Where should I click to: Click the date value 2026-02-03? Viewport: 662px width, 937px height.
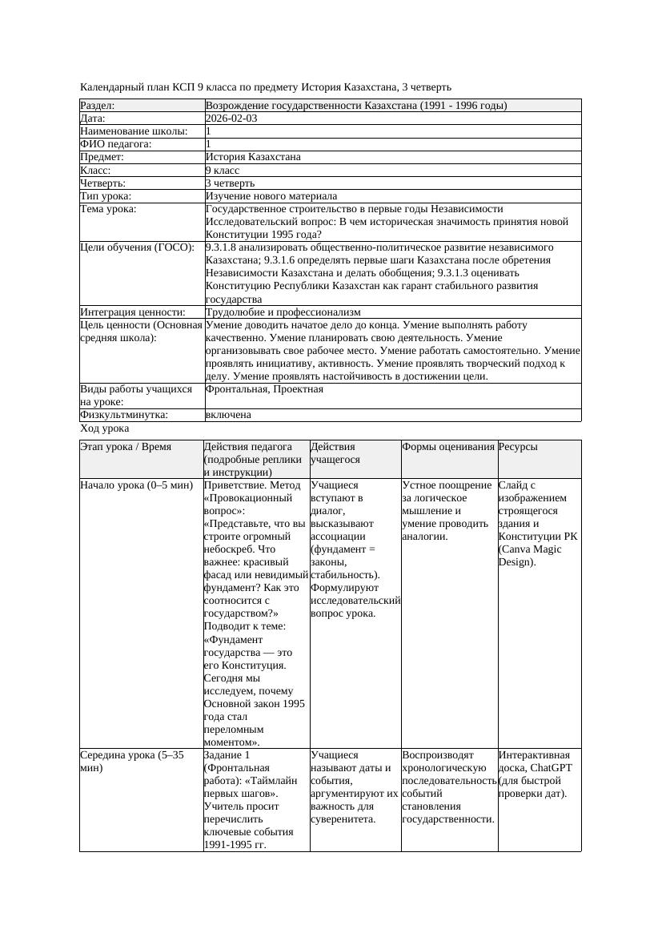click(231, 119)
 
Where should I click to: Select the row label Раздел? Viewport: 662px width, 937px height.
click(98, 106)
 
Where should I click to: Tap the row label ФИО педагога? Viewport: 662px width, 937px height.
click(116, 144)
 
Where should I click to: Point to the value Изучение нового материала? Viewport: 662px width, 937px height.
click(271, 196)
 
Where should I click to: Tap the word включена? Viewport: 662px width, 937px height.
click(228, 415)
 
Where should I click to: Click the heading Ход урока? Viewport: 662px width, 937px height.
click(104, 429)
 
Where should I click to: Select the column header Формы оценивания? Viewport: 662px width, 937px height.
click(448, 447)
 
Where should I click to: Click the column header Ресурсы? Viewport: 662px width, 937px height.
click(518, 447)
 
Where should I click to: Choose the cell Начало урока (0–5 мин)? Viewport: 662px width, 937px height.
click(137, 485)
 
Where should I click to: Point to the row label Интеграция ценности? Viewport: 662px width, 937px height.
click(132, 312)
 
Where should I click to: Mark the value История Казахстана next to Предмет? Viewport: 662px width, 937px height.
click(253, 158)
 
